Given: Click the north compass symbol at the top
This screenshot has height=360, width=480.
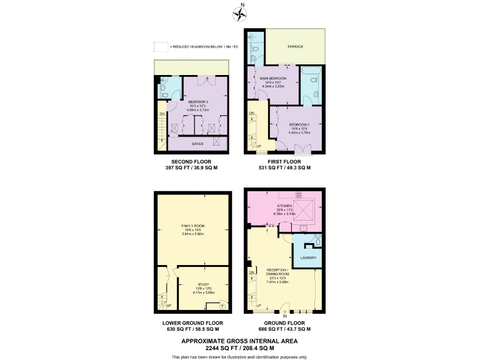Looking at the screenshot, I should [x=239, y=13].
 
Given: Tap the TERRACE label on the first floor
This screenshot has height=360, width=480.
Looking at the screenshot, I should [x=296, y=46].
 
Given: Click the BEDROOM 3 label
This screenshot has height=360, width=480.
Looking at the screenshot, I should [x=199, y=101].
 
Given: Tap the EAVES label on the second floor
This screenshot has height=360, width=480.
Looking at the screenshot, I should [x=197, y=143].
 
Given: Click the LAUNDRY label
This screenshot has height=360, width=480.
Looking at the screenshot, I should [x=308, y=257].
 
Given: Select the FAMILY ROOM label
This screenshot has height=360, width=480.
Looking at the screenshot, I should [x=193, y=226].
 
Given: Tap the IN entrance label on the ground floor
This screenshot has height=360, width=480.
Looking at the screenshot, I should [x=284, y=316].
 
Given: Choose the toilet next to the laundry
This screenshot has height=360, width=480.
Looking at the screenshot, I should [x=317, y=241].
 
